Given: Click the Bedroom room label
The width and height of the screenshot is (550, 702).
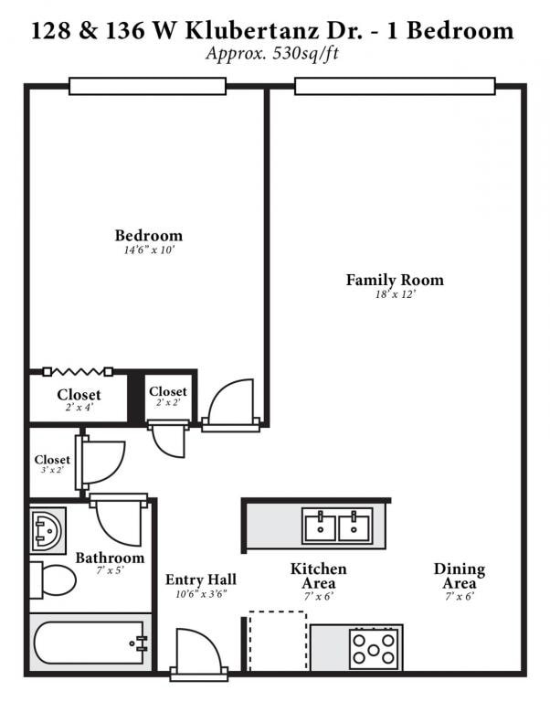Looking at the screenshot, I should click(x=148, y=235).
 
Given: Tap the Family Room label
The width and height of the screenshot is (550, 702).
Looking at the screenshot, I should click(x=395, y=280).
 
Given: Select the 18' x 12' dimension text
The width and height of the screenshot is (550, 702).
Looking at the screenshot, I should click(x=395, y=294).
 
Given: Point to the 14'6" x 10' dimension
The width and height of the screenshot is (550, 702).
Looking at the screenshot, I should click(x=148, y=250).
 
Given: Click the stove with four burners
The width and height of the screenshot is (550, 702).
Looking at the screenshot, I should click(x=375, y=648).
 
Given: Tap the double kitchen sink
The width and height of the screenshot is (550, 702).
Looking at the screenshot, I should click(x=337, y=526).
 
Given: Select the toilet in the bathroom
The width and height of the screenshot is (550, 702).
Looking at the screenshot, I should click(x=52, y=580).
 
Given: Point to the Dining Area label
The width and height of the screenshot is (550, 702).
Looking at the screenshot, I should click(x=459, y=576).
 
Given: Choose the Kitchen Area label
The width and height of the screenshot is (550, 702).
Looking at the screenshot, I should click(x=318, y=576).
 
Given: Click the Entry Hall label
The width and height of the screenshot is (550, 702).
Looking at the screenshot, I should click(x=201, y=580).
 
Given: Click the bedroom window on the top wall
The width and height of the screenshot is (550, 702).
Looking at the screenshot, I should click(x=147, y=86).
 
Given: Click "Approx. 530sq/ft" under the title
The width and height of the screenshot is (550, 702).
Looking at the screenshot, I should click(x=273, y=53).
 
